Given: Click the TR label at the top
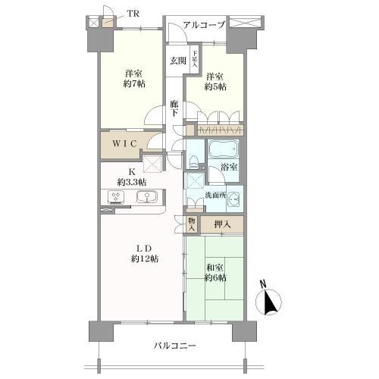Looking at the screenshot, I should point(133,13).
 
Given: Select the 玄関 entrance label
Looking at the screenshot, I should point(177,61).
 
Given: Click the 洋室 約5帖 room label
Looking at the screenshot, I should point(215,82).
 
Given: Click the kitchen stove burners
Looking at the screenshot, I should point(117,197).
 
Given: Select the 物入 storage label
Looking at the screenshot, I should point(192,224).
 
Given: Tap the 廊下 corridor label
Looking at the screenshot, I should point(174,108).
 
